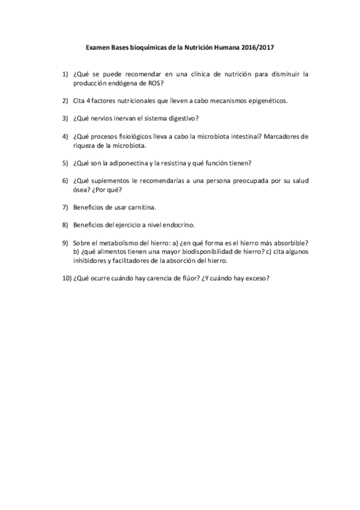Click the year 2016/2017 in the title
(258, 46)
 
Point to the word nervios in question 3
(105, 117)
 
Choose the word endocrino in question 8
(177, 225)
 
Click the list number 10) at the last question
(66, 278)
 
